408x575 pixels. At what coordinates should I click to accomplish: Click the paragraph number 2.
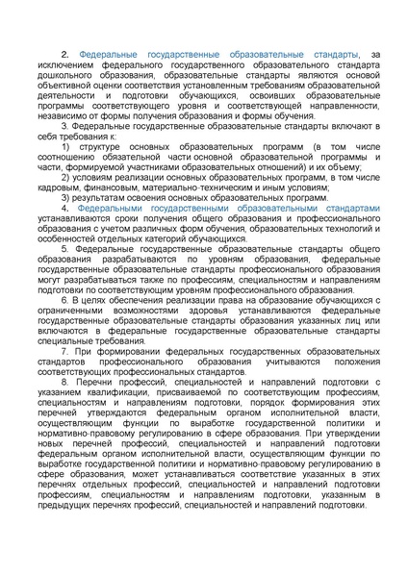pos(65,56)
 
